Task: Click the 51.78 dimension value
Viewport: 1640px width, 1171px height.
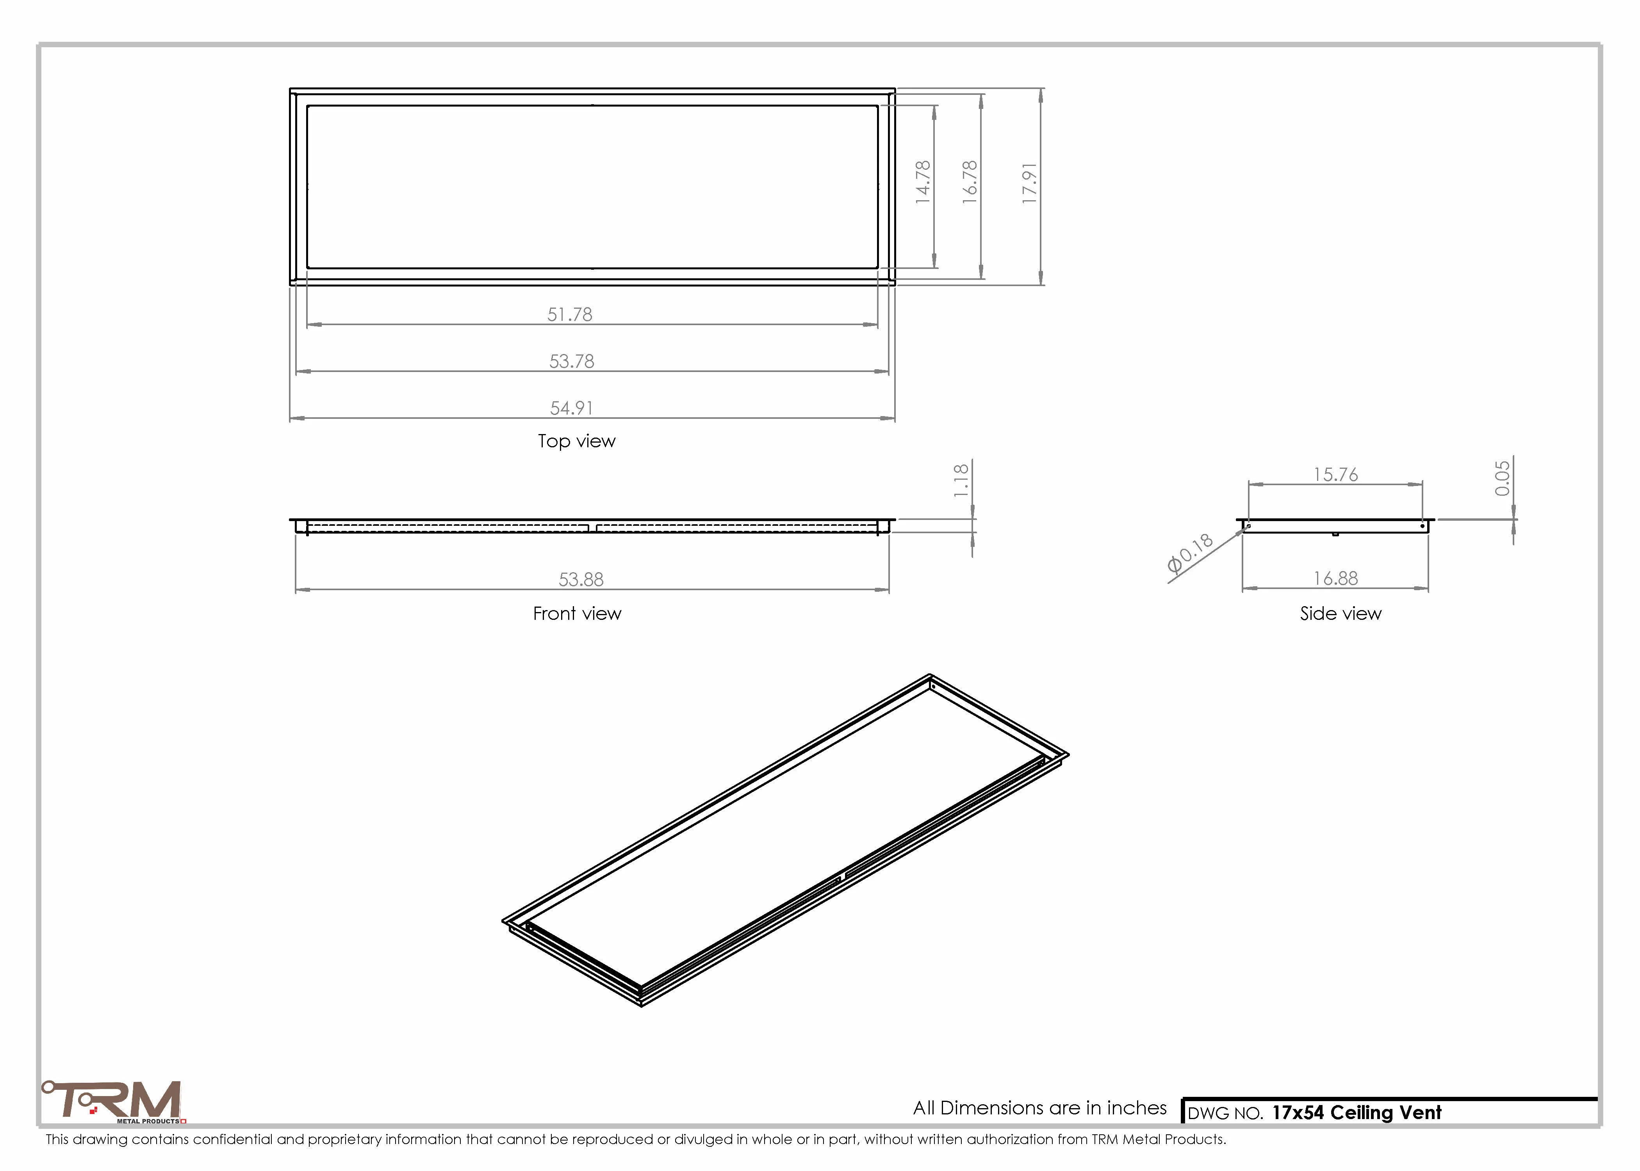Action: click(x=570, y=314)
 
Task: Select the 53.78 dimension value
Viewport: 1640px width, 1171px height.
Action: click(x=572, y=361)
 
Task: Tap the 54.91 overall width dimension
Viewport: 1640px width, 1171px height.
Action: click(x=572, y=408)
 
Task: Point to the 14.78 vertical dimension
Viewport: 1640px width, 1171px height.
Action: click(x=923, y=182)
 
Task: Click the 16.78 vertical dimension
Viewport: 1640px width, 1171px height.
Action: click(x=970, y=182)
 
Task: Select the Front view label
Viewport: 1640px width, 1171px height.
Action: click(x=577, y=614)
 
